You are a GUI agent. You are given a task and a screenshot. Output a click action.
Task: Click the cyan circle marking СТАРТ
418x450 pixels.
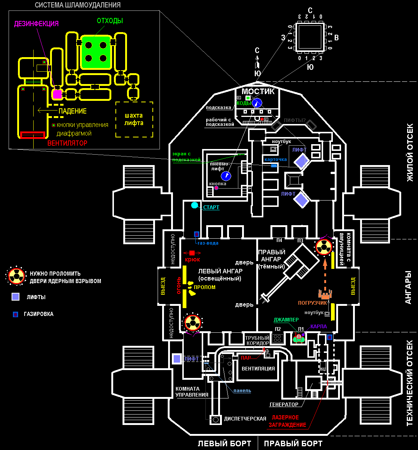(195, 205)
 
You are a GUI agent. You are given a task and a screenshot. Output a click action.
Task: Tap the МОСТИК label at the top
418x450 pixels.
(258, 91)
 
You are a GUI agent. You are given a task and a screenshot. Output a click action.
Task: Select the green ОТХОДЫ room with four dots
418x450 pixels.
(96, 52)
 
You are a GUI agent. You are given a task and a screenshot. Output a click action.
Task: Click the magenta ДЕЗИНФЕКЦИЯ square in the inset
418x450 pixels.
(57, 94)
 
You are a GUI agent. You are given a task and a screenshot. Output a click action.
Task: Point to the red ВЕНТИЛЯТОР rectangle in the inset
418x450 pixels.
(32, 135)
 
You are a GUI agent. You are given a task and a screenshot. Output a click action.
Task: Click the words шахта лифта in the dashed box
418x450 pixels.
(134, 120)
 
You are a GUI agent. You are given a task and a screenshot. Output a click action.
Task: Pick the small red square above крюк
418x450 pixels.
(192, 253)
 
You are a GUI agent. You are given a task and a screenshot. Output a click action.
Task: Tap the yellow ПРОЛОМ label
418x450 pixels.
(204, 287)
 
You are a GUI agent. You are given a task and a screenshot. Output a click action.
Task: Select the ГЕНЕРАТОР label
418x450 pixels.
(284, 404)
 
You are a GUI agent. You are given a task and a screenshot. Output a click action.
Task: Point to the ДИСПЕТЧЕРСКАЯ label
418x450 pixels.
(245, 419)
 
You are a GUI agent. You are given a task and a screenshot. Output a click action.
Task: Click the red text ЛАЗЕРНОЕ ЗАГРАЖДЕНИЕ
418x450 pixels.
(287, 421)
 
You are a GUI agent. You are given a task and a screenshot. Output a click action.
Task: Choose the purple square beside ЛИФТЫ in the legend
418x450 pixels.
(15, 297)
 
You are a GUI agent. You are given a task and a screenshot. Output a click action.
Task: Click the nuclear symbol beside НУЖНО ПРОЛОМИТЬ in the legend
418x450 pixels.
(16, 276)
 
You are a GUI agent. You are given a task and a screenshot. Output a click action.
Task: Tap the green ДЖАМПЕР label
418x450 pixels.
(286, 320)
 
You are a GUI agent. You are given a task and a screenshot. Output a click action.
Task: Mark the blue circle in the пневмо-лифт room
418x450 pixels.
(226, 176)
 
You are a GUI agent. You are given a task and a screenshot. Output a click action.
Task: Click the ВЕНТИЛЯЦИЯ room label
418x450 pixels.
(258, 369)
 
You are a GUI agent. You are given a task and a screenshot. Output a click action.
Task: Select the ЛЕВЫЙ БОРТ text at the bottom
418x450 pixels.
(224, 444)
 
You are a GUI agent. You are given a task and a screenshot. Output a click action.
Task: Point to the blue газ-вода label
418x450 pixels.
(208, 243)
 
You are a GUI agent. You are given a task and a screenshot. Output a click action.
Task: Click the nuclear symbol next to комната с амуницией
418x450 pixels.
(324, 246)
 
